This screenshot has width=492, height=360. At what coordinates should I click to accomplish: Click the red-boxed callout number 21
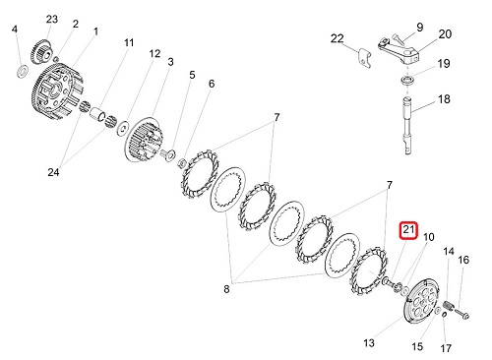(x=408, y=230)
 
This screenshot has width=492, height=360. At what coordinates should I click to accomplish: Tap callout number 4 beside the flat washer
(x=14, y=30)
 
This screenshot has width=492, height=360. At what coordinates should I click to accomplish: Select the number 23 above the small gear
(x=52, y=20)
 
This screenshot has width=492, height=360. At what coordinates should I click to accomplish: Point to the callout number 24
(x=53, y=172)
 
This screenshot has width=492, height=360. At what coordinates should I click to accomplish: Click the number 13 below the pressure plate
(x=369, y=343)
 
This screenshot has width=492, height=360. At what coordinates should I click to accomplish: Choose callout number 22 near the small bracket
(x=337, y=38)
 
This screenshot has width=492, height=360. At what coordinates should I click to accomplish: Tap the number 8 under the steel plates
(x=226, y=289)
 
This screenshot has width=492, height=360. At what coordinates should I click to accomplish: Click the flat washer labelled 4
(x=23, y=71)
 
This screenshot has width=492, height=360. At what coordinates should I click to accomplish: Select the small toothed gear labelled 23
(x=41, y=51)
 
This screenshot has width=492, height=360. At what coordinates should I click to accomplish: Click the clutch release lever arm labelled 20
(x=399, y=50)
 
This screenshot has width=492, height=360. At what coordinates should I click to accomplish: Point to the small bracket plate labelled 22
(x=365, y=58)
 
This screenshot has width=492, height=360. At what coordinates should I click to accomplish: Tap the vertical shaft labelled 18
(x=407, y=125)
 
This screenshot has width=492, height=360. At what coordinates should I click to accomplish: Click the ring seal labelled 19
(x=407, y=81)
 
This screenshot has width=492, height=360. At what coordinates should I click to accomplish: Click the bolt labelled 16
(x=462, y=314)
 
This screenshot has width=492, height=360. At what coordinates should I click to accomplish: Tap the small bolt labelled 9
(x=398, y=38)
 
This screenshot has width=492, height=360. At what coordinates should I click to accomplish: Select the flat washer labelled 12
(x=123, y=128)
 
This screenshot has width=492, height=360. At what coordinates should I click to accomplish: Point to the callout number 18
(x=444, y=99)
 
